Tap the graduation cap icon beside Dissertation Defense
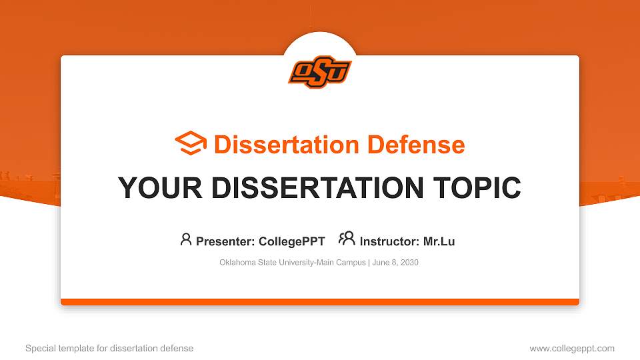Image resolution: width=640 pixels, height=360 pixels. pos(191,144)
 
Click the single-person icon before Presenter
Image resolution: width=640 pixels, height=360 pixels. pos(186,239)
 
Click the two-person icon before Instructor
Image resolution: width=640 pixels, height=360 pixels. pos(347,239)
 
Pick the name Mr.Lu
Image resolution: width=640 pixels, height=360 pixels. pos(439,241)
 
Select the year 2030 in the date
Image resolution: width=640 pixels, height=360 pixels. pos(409,263)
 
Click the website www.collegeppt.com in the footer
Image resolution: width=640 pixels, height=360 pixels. pos(572,349)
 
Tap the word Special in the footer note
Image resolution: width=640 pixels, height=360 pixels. pos(39,349)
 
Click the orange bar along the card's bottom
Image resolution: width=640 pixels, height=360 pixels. pos(320,302)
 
